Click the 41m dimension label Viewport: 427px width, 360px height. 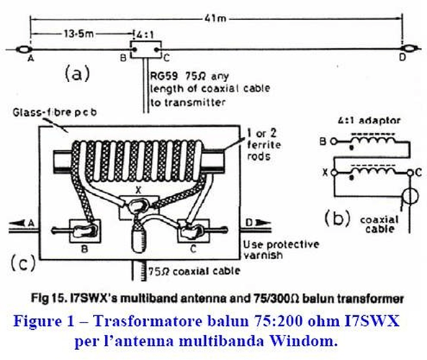215,18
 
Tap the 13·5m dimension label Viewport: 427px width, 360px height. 79,34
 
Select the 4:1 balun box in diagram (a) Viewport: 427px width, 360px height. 145,50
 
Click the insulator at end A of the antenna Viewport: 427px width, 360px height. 24,50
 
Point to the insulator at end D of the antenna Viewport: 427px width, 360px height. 408,49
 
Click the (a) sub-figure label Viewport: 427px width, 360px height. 77,73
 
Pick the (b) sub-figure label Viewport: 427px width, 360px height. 337,219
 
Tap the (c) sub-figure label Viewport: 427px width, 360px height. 23,263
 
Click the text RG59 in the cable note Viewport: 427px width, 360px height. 164,76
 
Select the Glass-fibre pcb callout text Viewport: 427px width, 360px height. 55,112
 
